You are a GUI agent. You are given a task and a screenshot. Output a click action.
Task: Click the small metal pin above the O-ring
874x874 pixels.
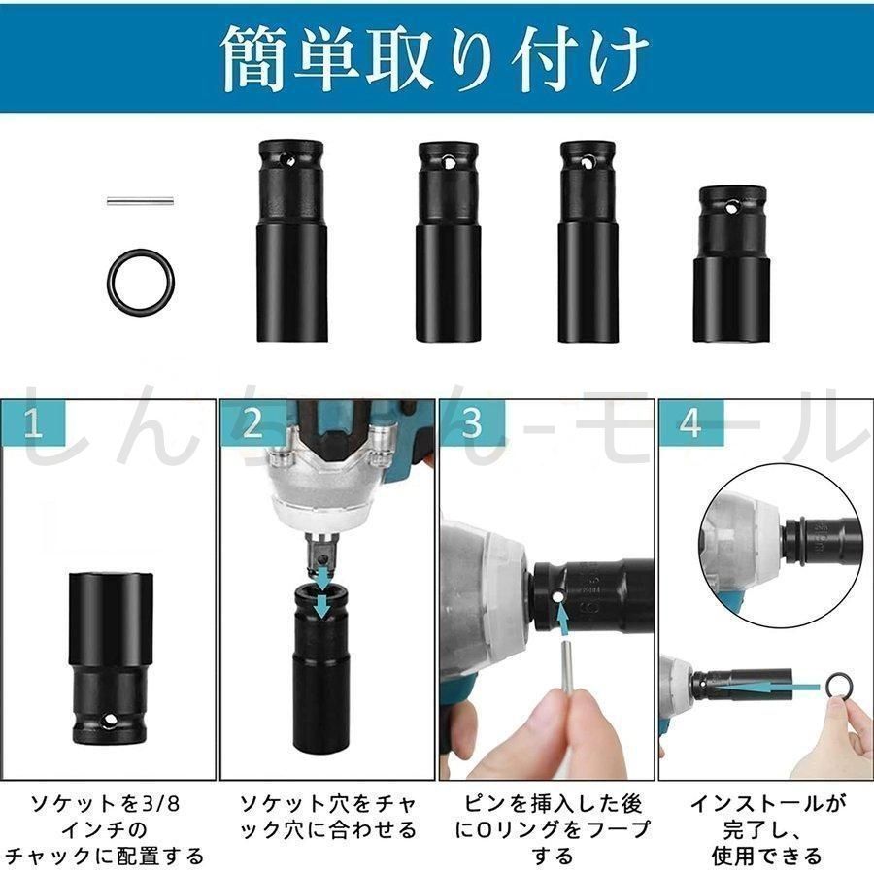[x=140, y=201]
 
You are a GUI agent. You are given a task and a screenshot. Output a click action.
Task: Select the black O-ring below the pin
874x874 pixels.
[x=140, y=279]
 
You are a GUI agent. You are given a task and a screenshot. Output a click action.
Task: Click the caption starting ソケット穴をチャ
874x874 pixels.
[x=327, y=817]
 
